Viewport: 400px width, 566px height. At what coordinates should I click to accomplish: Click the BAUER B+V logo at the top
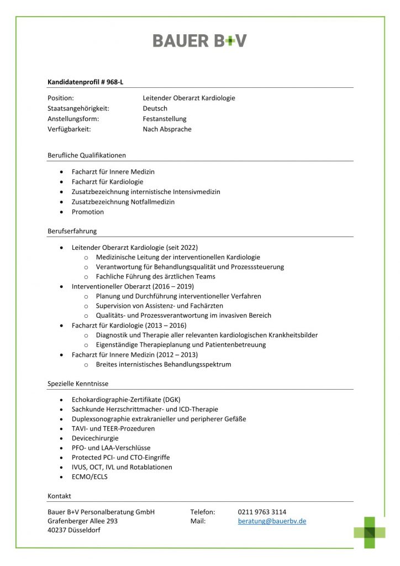coord(199,40)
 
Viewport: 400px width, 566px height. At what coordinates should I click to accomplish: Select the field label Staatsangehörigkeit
coord(78,108)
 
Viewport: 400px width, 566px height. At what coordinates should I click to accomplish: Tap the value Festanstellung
coord(165,119)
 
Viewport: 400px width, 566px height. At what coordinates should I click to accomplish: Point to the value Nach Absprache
coord(167,129)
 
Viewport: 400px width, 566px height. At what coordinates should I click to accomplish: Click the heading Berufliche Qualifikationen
coord(87,155)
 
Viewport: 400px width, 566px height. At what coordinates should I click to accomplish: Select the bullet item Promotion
coord(88,212)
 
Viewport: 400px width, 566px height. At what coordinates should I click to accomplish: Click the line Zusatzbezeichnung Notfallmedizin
coord(123,202)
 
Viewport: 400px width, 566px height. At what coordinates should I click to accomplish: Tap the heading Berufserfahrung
coord(72,231)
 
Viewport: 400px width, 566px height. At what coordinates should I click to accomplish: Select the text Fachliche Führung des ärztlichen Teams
coord(156,276)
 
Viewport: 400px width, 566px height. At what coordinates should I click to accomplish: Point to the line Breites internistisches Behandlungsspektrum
coord(164,364)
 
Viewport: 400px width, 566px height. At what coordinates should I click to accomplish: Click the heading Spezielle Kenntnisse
coord(78,384)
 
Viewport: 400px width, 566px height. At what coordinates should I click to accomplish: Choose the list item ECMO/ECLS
coord(90,476)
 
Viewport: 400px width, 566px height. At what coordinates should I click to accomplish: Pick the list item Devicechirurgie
coord(95,438)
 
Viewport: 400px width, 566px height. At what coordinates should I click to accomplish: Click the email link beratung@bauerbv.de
coord(272,521)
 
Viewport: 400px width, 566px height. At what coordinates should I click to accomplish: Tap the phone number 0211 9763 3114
coord(262,512)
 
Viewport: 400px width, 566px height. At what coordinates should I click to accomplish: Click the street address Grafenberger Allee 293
coord(83,521)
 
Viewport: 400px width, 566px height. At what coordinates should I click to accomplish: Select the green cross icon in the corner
coord(370,532)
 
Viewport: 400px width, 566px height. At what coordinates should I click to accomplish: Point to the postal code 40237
coord(58,530)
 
